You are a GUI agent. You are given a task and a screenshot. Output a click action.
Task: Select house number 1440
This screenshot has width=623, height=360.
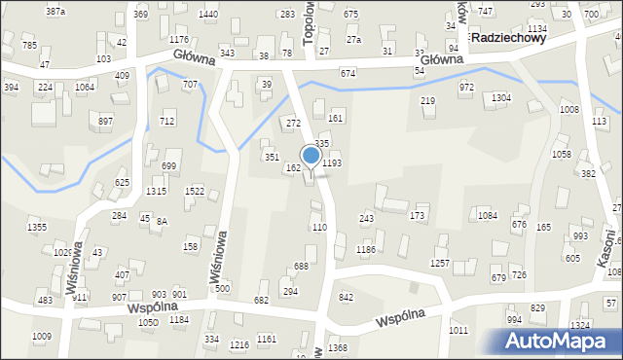pyautogui.click(x=207, y=14)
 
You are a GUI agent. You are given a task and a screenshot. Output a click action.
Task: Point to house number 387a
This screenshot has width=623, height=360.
pyautogui.click(x=55, y=11)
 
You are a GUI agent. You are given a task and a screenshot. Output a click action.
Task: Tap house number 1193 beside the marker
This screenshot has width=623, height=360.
pyautogui.click(x=332, y=163)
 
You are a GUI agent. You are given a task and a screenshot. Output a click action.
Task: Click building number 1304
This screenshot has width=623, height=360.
pyautogui.click(x=500, y=98)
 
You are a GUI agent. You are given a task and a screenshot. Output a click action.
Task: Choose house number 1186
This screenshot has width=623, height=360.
pyautogui.click(x=366, y=250)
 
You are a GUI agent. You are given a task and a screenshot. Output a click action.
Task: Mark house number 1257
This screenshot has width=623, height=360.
pyautogui.click(x=440, y=264)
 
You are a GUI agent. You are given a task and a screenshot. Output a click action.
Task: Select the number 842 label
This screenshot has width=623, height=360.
pyautogui.click(x=346, y=297)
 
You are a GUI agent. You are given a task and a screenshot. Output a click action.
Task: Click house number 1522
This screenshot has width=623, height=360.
pyautogui.click(x=194, y=191)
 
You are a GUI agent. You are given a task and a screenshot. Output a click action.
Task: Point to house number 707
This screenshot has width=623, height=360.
pyautogui.click(x=190, y=85)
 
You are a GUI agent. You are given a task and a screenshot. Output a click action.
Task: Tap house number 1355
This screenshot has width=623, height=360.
pyautogui.click(x=37, y=227)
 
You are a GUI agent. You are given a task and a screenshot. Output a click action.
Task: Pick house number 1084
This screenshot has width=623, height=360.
pyautogui.click(x=488, y=214)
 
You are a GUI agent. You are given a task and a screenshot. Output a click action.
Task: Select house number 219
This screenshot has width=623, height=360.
pyautogui.click(x=427, y=101)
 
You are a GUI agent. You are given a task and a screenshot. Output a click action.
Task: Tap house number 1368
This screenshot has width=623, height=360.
pyautogui.click(x=338, y=347)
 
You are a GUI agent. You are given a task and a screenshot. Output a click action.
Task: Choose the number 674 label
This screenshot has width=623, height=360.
pyautogui.click(x=348, y=74)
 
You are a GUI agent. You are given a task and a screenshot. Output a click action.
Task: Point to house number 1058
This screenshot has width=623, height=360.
pyautogui.click(x=561, y=154)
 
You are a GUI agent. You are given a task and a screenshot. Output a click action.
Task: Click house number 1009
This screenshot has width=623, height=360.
pyautogui.click(x=41, y=337)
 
